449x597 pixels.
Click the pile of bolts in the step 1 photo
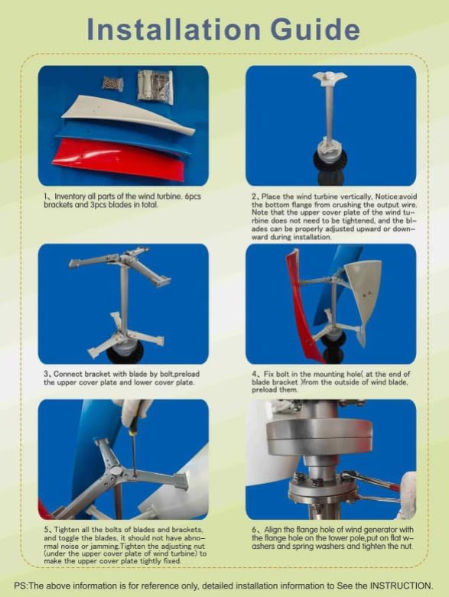tap(112, 83)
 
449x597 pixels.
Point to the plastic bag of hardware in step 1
tap(155, 86)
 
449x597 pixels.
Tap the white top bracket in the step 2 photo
tap(330, 78)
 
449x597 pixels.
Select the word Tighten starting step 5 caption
tap(70, 530)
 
